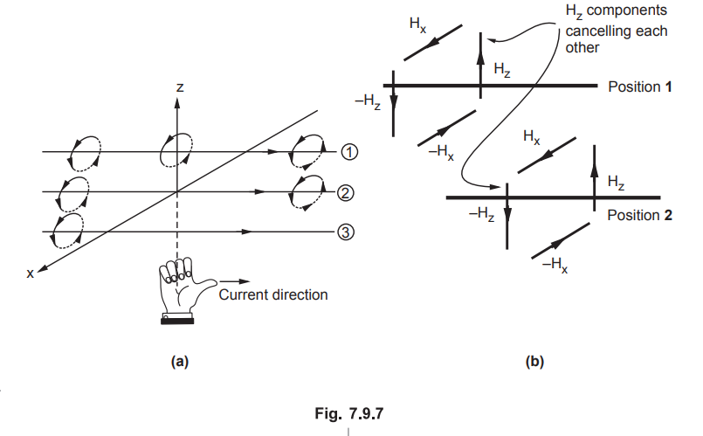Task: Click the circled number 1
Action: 346,152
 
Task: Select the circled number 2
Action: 346,192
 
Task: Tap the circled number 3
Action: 346,232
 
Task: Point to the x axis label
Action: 31,273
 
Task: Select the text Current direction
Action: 273,294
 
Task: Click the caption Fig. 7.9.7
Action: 348,412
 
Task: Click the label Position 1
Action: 640,87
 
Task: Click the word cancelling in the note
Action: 613,31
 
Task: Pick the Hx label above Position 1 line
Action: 418,24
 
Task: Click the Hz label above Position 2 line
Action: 616,182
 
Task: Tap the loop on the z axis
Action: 176,148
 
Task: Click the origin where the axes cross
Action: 177,192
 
